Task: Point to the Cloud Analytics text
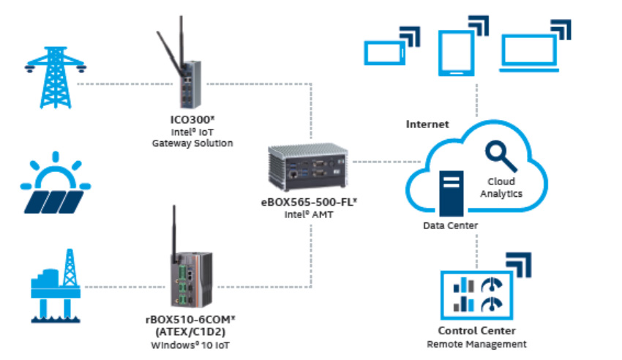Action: click(501, 187)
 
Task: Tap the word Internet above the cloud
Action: click(427, 124)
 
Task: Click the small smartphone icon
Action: click(385, 52)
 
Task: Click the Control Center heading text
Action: click(476, 331)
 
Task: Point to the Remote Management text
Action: click(476, 344)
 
